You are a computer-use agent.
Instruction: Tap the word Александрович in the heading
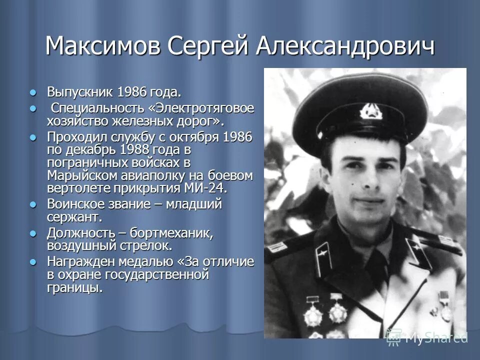[x=346, y=46]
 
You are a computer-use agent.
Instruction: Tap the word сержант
[x=74, y=216]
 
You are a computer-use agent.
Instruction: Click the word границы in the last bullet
[x=75, y=288]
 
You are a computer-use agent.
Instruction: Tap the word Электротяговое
[x=205, y=108]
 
